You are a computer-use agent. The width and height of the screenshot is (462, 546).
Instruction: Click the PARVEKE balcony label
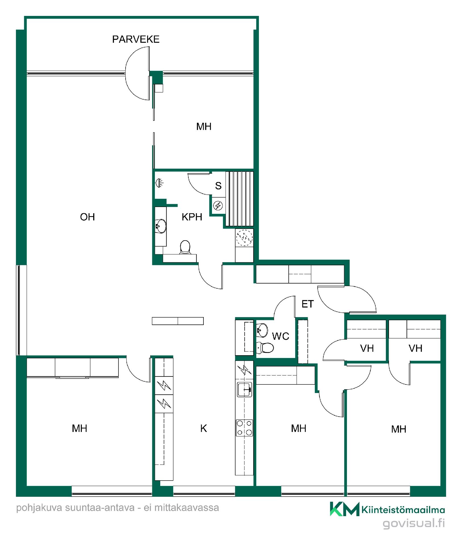point(136,39)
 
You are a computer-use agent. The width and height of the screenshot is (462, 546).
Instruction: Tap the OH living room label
point(87,217)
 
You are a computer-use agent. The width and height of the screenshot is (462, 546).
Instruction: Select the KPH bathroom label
point(192,217)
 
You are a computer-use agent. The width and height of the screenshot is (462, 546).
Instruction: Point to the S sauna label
point(218,186)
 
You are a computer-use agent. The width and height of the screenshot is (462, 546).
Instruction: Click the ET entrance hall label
point(307,304)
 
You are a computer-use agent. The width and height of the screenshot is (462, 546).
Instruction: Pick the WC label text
point(280,336)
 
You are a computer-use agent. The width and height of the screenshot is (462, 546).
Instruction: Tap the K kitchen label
point(203,428)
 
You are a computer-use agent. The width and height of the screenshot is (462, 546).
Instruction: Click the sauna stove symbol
point(218,205)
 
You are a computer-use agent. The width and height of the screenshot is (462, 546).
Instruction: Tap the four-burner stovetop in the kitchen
point(244,428)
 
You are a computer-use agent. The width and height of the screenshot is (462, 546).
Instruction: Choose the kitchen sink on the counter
point(244,389)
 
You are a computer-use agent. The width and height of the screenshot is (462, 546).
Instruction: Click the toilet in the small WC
point(265,347)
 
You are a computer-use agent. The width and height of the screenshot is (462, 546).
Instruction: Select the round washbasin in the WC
point(262,330)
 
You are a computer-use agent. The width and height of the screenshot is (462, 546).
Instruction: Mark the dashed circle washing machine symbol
point(244,237)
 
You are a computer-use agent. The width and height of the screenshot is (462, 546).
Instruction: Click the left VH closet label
point(367,348)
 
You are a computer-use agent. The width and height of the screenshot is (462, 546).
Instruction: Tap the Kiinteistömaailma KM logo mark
point(345,509)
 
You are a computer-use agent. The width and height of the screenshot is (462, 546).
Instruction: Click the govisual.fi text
point(414,524)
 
